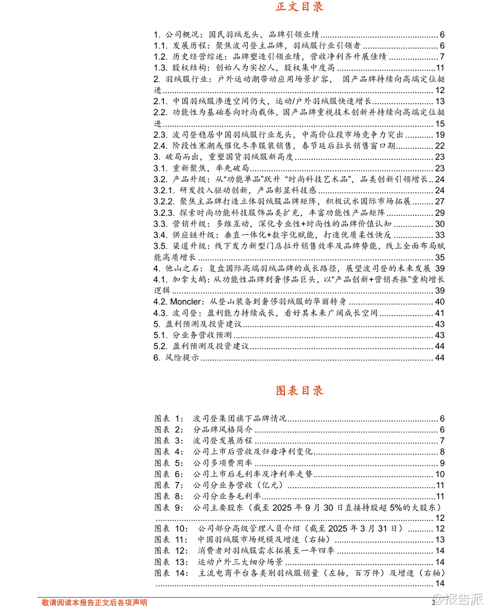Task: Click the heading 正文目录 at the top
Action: point(299,7)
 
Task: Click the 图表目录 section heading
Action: point(299,391)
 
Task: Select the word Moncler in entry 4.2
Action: point(186,302)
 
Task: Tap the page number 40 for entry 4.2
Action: point(440,302)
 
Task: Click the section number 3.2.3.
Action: point(164,213)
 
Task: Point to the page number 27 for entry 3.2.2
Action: point(440,202)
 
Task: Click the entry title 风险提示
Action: point(182,358)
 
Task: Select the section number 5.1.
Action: point(160,335)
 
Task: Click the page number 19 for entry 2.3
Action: point(440,135)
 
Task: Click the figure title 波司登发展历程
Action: point(223,441)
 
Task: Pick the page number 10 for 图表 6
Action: point(440,474)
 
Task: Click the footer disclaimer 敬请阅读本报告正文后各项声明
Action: point(95,602)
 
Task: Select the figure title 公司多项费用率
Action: point(223,463)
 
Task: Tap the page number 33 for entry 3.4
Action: point(440,235)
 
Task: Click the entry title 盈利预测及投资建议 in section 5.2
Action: point(211,346)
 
